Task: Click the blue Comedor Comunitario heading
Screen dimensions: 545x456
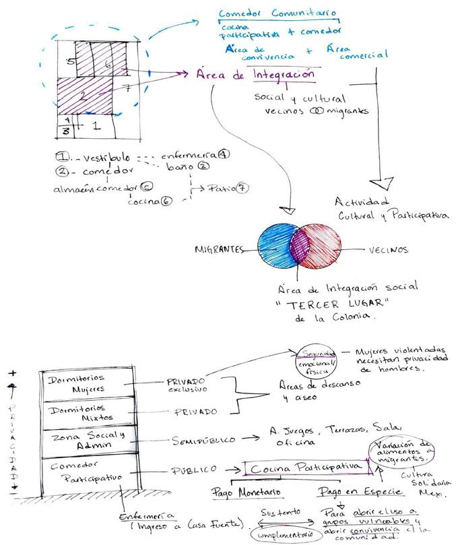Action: pos(279,14)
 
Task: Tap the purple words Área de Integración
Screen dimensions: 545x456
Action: pos(256,74)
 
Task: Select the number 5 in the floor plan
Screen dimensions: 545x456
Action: pos(69,61)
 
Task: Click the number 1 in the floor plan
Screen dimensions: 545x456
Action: pos(96,125)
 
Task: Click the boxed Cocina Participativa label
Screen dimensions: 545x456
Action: pos(306,467)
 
